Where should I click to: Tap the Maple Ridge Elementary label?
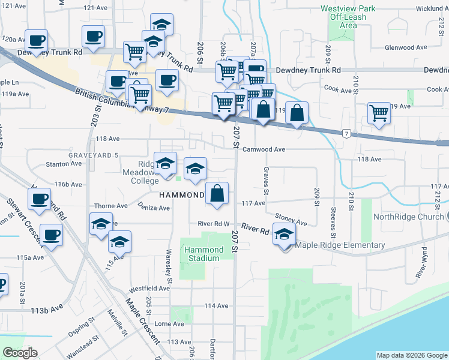point(339,245)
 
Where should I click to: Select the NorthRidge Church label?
point(408,217)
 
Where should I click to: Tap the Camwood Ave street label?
point(263,149)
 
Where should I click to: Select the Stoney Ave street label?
point(291,220)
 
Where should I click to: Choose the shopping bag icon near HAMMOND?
point(217,194)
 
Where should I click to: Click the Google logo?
point(20,353)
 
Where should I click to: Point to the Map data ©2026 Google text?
point(411,355)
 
